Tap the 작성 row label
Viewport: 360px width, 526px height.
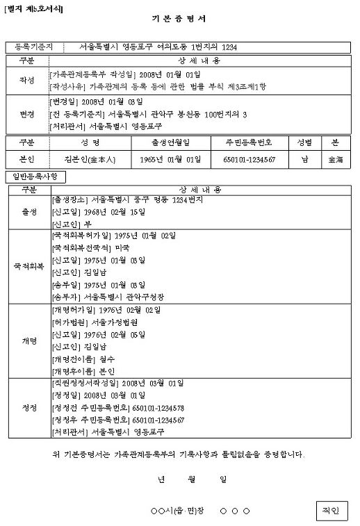[27, 80]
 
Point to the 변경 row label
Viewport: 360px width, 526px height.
[27, 115]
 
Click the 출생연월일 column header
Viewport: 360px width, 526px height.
[171, 142]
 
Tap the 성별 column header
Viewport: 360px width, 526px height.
[304, 142]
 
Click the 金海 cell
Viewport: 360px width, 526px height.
[335, 159]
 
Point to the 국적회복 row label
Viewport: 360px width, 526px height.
[30, 266]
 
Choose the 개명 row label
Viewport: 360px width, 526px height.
[30, 340]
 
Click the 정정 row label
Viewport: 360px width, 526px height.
[30, 408]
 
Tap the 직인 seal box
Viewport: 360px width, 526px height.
[330, 511]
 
